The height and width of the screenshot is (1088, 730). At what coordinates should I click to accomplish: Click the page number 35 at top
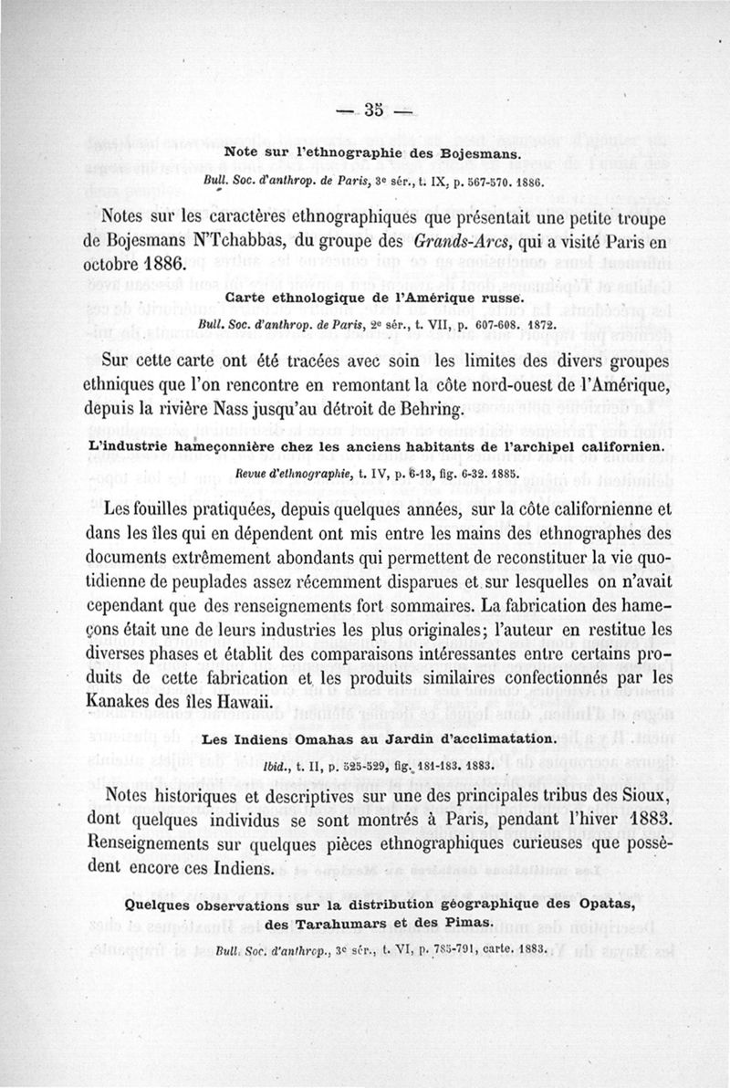click(374, 110)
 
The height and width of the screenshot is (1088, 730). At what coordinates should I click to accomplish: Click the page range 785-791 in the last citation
click(416, 951)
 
